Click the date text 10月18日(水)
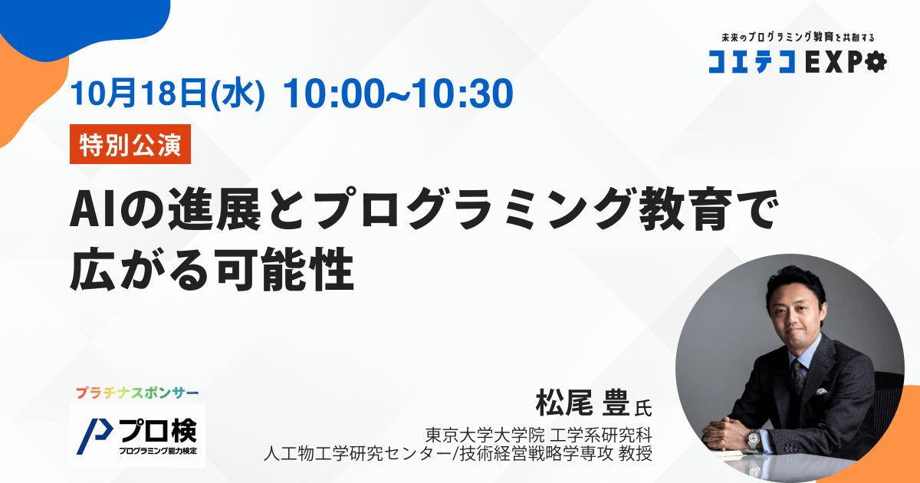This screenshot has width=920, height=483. (168, 94)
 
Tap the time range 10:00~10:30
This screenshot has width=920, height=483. (398, 94)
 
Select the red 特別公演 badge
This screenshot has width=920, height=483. (130, 144)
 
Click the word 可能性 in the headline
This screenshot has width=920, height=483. (285, 269)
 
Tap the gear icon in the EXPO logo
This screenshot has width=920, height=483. (876, 61)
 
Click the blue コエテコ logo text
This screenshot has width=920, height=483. (752, 62)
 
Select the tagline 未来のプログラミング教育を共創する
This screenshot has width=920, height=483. (798, 38)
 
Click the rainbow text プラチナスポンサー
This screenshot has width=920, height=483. (137, 393)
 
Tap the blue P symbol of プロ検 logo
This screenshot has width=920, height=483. (94, 436)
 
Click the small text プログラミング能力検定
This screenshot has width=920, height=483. (158, 451)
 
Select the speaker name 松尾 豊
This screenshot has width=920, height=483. (583, 403)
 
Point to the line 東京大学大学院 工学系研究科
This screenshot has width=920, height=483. (538, 435)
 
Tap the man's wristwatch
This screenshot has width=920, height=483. (754, 439)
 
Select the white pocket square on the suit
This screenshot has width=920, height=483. (821, 391)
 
